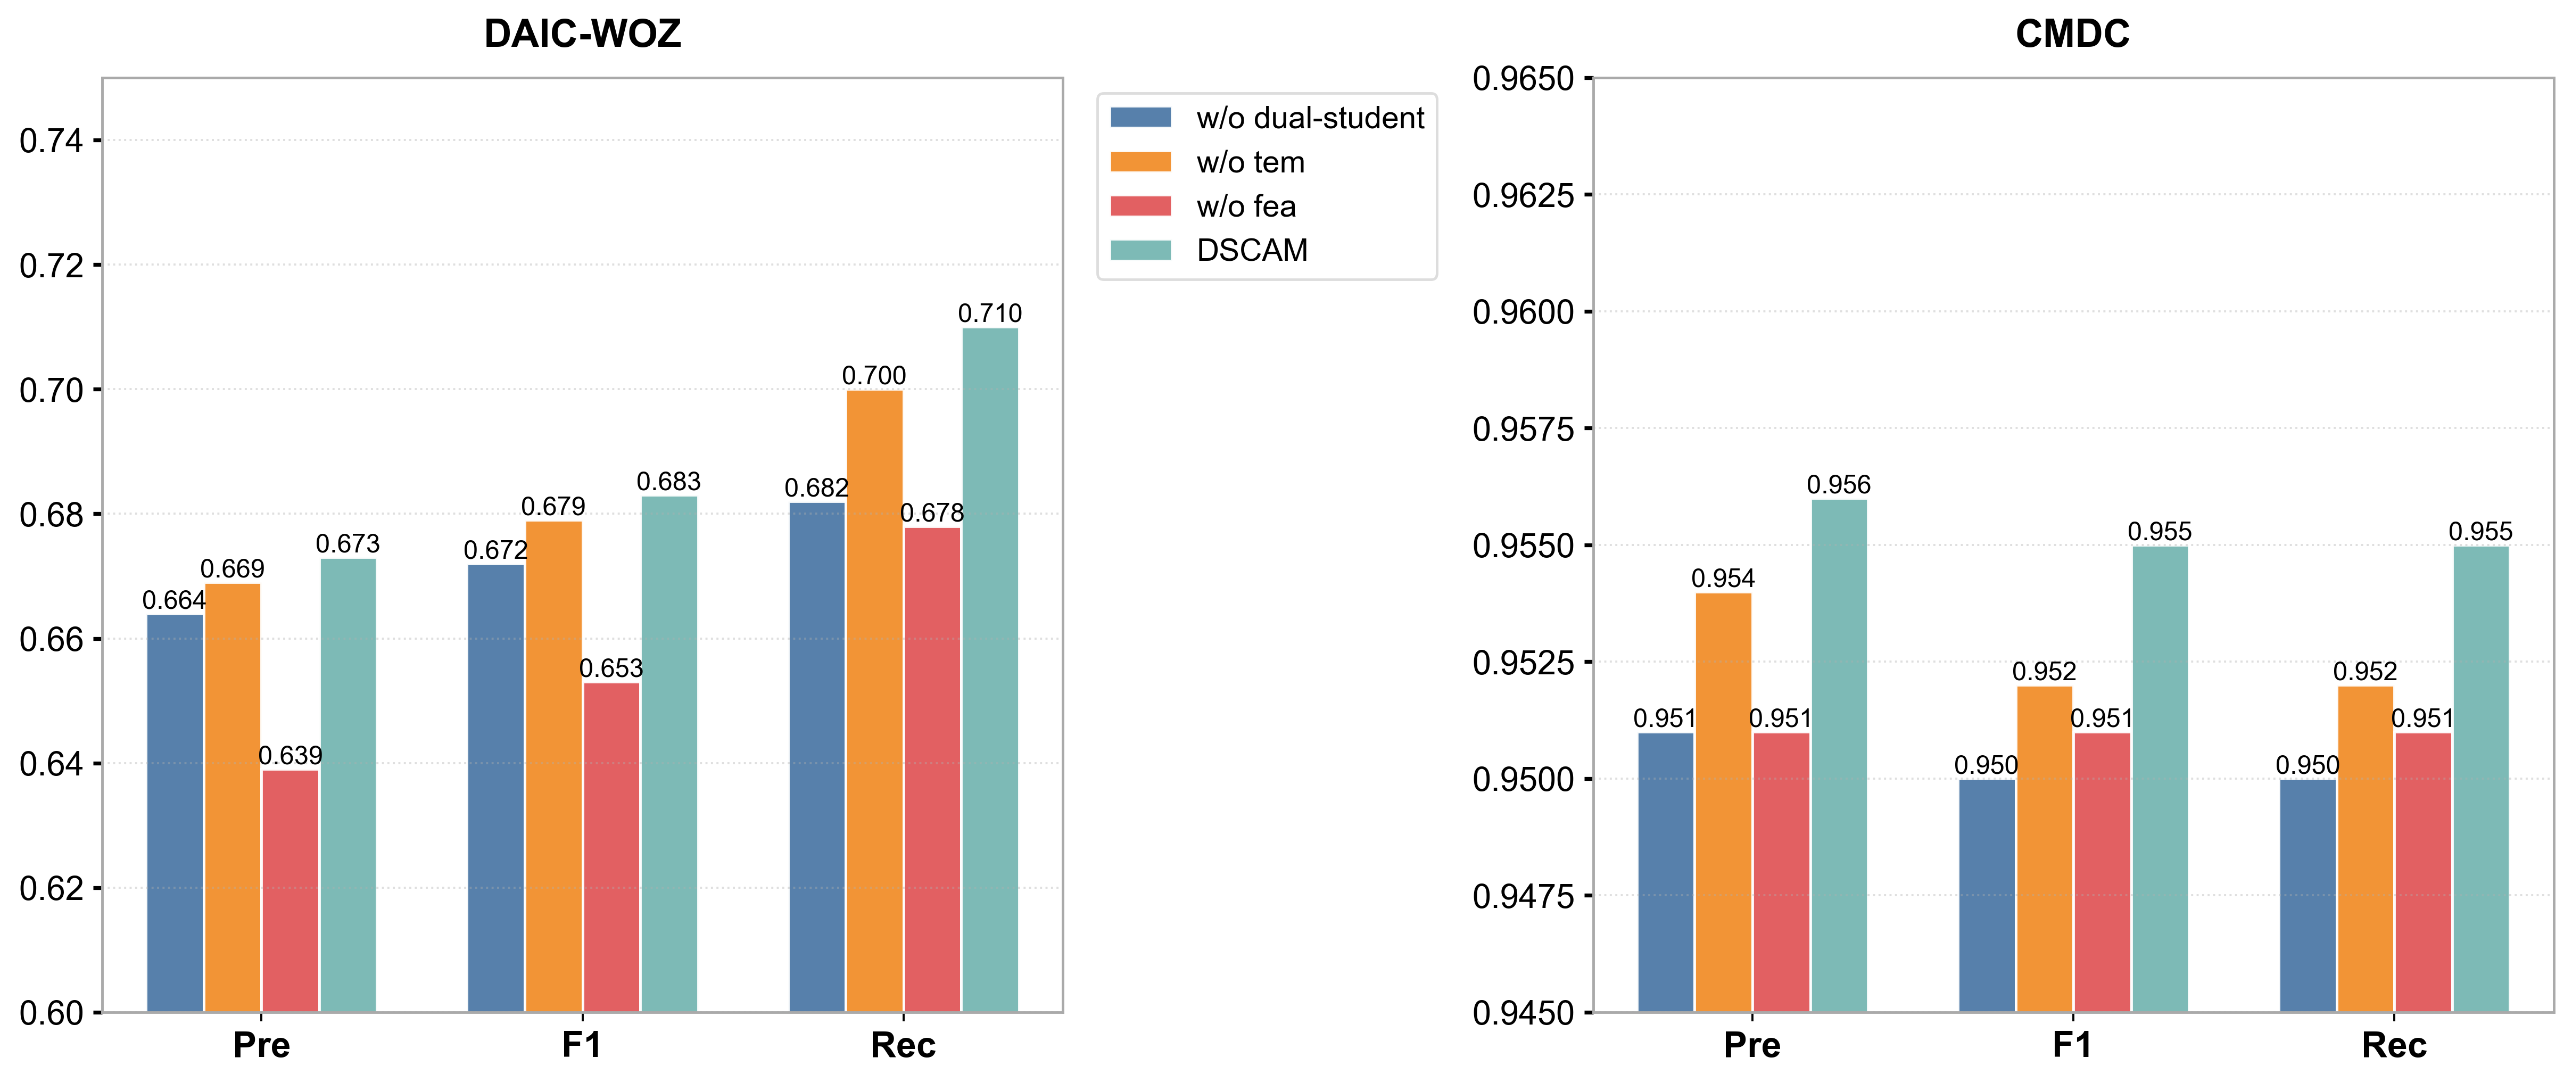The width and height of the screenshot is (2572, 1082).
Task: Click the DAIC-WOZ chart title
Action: tap(582, 34)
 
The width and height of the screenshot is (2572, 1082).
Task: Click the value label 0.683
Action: tap(669, 482)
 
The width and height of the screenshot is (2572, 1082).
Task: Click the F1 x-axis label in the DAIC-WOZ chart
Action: tap(582, 1045)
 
